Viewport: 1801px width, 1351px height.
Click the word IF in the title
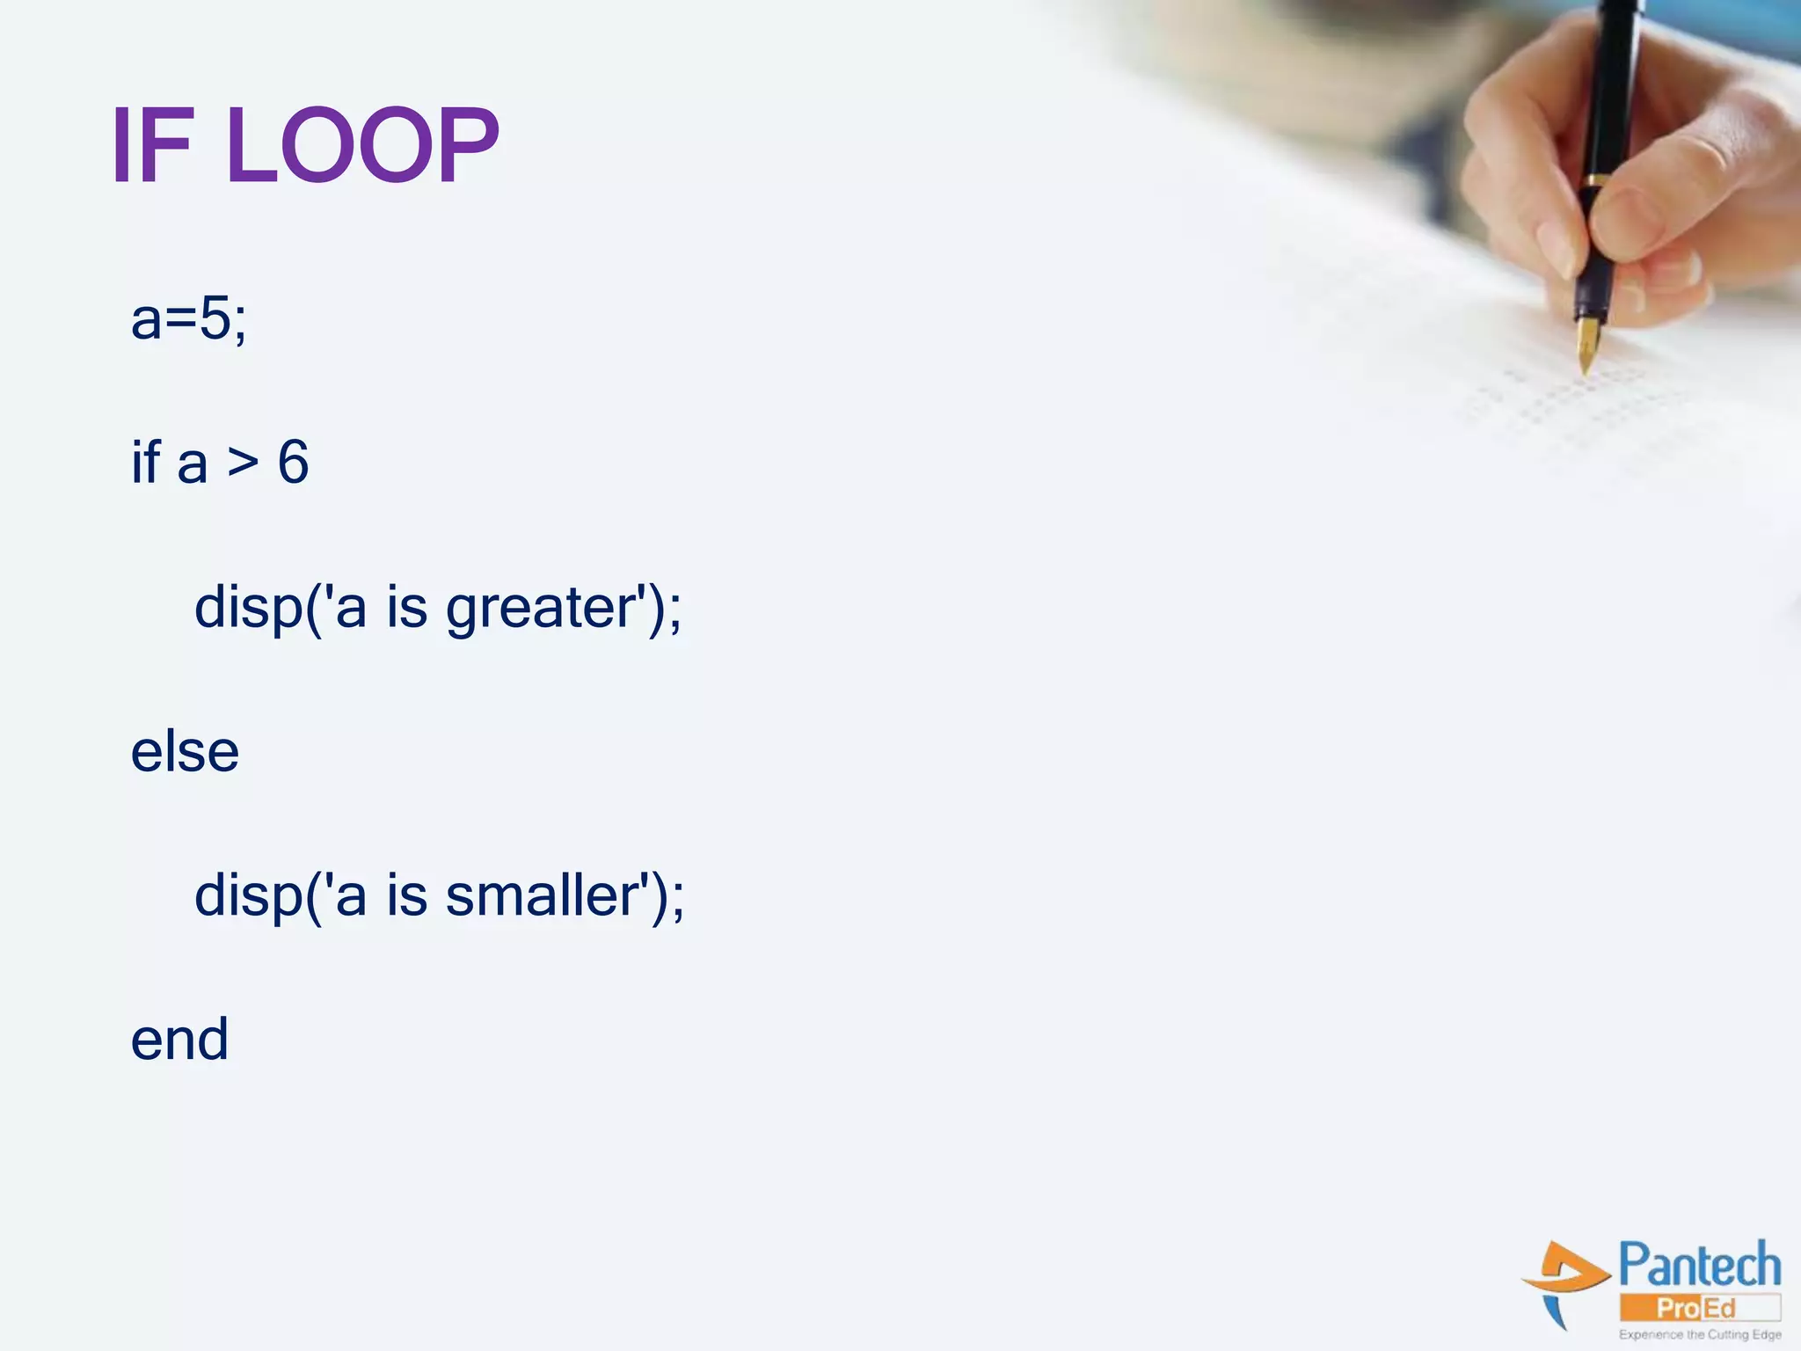coord(151,145)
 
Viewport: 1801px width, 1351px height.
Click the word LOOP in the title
coord(362,145)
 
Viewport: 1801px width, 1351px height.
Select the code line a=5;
coord(188,318)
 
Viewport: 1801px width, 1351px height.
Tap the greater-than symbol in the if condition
coord(243,463)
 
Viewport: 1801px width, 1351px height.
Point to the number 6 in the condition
coord(293,463)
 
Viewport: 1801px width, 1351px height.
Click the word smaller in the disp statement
coord(541,895)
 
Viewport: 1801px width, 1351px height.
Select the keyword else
coord(185,752)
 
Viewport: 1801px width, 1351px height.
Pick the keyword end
coord(179,1040)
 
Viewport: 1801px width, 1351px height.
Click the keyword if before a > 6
coord(146,461)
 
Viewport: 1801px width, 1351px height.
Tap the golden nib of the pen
coord(1587,345)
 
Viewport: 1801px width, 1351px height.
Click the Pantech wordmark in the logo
coord(1699,1266)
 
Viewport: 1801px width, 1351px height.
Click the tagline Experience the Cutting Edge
coord(1699,1334)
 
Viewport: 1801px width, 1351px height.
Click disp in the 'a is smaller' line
coord(248,895)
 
